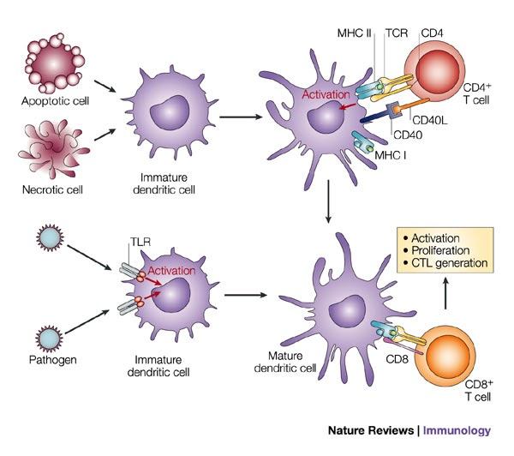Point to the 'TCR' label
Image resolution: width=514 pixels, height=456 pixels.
point(397,34)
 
